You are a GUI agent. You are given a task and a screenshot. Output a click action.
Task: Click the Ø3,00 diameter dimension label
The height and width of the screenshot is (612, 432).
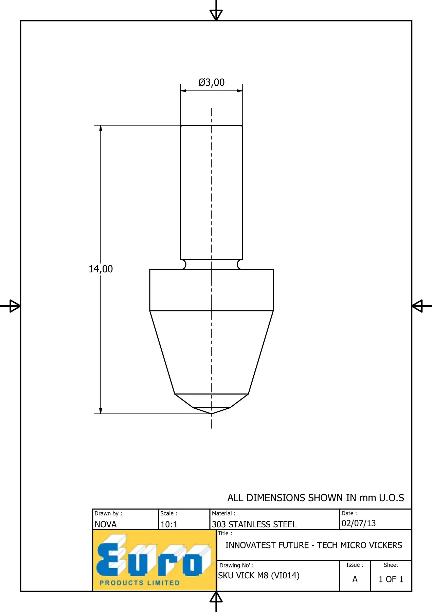coord(211,82)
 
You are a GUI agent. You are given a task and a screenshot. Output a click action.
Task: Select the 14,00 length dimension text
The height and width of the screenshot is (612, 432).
coord(101,269)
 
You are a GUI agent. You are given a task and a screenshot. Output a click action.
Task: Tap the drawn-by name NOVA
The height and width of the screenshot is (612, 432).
coord(105,524)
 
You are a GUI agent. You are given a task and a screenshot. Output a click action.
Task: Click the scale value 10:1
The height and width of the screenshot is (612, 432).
coord(169,524)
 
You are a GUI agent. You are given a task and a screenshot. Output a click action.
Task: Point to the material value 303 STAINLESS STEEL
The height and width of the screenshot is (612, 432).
coord(254,524)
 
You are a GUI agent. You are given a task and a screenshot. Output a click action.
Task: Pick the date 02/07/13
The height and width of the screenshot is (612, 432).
coord(359,523)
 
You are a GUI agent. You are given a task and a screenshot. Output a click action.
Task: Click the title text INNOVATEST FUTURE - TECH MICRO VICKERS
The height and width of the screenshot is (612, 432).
coord(313,545)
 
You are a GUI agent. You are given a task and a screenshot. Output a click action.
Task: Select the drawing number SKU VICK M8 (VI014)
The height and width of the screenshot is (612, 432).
coord(259,575)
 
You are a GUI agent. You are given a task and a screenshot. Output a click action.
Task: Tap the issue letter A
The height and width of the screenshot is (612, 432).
coord(355,579)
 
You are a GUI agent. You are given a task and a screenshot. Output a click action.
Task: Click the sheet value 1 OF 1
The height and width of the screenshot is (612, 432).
coord(391,579)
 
